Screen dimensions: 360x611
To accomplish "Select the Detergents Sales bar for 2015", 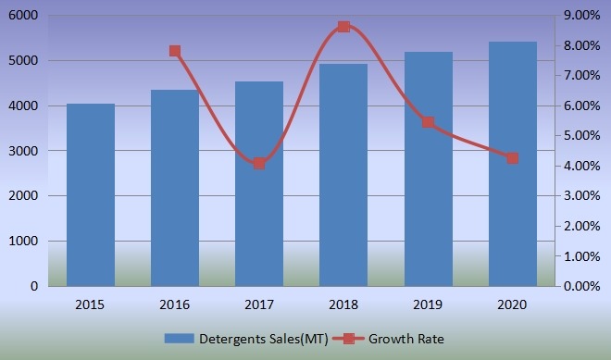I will tap(91, 195).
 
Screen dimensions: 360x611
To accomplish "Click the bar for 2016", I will tap(175, 188).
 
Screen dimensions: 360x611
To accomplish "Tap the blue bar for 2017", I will tap(259, 184).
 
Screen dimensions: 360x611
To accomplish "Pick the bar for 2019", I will tap(429, 169).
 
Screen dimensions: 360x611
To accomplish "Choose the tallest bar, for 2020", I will tap(513, 164).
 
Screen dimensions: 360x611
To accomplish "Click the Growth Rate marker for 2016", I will tap(175, 51).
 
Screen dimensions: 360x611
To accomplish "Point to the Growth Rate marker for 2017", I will tap(259, 164).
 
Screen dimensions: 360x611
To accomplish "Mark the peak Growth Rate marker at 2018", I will tap(343, 26).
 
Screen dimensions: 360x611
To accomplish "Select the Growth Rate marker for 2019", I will tap(429, 122).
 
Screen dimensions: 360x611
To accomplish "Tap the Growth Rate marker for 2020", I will tap(513, 158).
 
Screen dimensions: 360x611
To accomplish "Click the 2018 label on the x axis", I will tap(343, 304).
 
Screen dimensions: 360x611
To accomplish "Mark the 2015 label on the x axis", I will tap(91, 304).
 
